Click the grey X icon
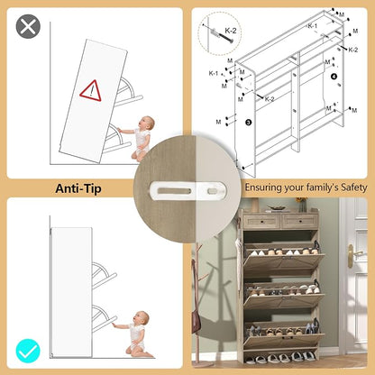pyautogui.click(x=28, y=26)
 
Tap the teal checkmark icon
pyautogui.click(x=28, y=351)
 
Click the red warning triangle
pyautogui.click(x=90, y=91)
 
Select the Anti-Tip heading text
pyautogui.click(x=78, y=188)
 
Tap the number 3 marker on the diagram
pyautogui.click(x=248, y=122)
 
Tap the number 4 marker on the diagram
pyautogui.click(x=334, y=77)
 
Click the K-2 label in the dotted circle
pyautogui.click(x=231, y=31)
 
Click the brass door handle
pyautogui.click(x=352, y=255)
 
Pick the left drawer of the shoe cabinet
pyautogui.click(x=261, y=222)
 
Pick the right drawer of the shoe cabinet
pyautogui.click(x=298, y=222)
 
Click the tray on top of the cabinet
pyautogui.click(x=278, y=208)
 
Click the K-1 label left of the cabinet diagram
pyautogui.click(x=214, y=73)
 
